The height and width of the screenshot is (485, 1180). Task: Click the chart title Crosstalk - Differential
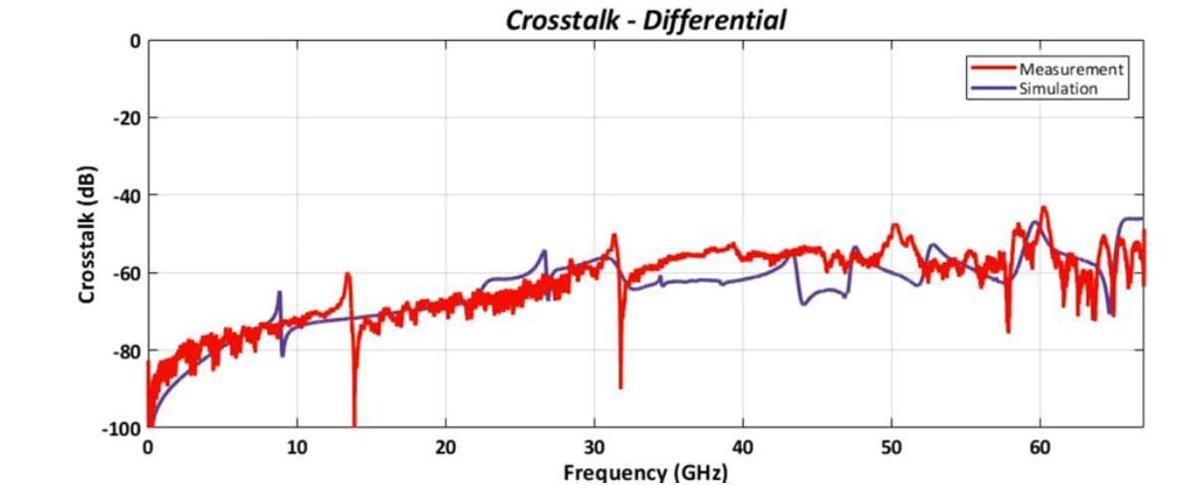point(645,20)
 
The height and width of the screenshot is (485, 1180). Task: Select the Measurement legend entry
point(1070,69)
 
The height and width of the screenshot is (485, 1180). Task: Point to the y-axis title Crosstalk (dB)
point(87,233)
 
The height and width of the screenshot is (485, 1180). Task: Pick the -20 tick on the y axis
point(125,118)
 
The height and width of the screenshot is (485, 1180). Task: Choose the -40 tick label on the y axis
point(125,195)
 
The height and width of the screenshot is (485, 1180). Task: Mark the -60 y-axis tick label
point(125,273)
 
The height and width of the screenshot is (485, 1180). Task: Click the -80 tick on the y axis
point(125,351)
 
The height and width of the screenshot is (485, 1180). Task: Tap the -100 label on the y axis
point(121,427)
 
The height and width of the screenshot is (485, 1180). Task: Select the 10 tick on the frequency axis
point(297,447)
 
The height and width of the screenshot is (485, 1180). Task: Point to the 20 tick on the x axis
point(445,447)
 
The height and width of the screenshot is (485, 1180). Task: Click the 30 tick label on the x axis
point(594,447)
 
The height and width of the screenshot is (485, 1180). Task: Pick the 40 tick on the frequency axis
point(743,447)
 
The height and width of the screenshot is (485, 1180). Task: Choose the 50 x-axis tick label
point(891,447)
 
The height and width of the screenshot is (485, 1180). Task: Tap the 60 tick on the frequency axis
point(1040,447)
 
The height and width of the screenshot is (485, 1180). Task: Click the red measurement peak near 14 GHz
point(348,274)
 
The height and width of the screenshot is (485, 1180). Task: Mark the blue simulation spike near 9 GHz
point(280,292)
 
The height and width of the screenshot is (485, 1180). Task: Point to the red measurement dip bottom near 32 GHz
point(620,387)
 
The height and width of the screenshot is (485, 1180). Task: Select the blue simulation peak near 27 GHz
point(544,251)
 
